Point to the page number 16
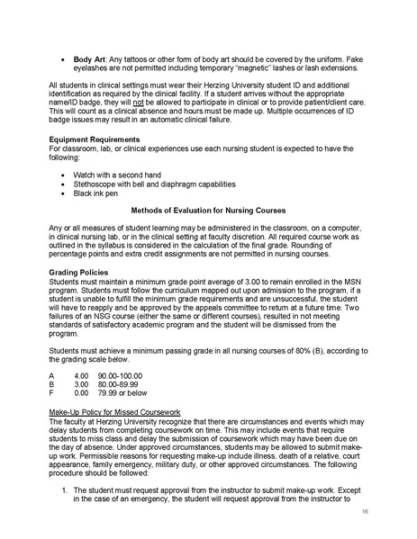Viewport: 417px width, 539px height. coord(365,509)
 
